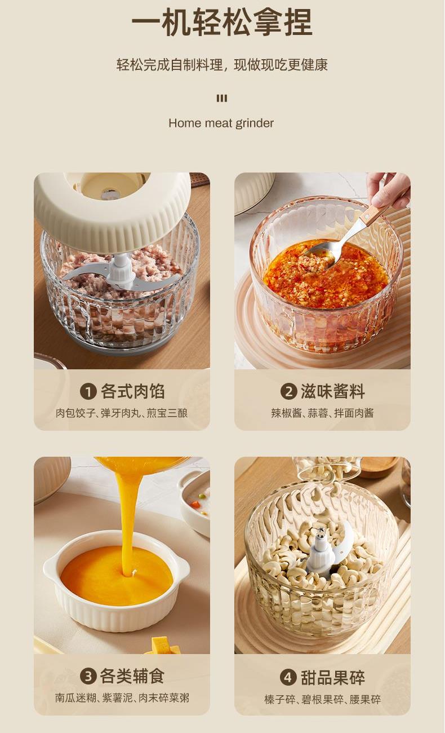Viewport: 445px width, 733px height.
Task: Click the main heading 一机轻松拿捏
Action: click(222, 22)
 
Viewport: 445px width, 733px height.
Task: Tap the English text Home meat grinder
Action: click(221, 123)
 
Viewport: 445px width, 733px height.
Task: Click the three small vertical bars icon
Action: click(222, 98)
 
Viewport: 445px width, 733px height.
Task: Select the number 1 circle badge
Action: click(88, 391)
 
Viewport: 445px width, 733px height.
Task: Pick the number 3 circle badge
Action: click(88, 676)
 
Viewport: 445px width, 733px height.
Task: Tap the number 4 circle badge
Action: click(288, 677)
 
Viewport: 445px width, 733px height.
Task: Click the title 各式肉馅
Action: click(132, 391)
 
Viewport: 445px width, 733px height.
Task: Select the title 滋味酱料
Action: click(332, 391)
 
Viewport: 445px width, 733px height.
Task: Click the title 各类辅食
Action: click(132, 676)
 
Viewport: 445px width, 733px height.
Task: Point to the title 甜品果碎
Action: click(332, 677)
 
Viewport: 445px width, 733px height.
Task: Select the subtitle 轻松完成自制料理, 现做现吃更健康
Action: click(222, 65)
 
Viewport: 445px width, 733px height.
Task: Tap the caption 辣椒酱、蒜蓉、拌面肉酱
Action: click(322, 413)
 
